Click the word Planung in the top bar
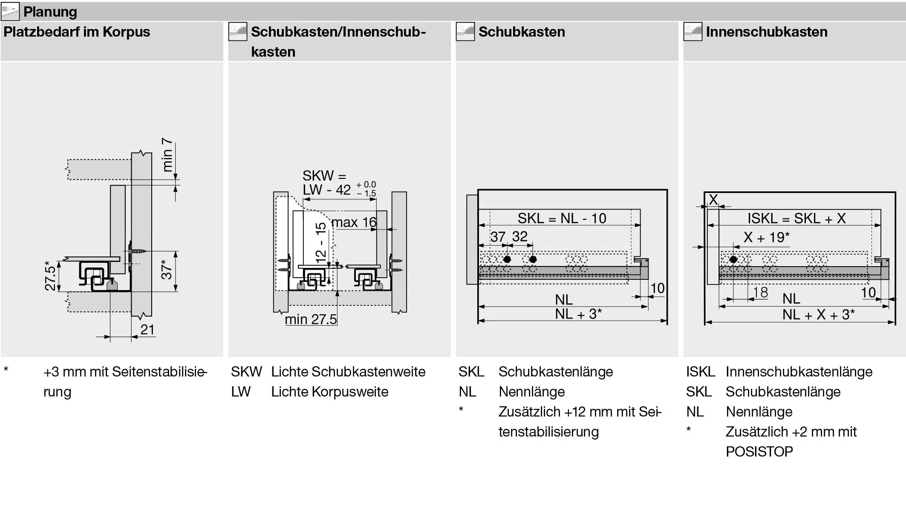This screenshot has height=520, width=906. [50, 11]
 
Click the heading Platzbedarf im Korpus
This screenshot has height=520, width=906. [77, 32]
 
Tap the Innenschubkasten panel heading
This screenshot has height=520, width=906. [766, 32]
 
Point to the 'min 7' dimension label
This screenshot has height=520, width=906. [167, 155]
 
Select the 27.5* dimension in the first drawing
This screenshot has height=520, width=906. [50, 276]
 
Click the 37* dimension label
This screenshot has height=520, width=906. [167, 269]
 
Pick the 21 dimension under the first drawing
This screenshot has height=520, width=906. [147, 329]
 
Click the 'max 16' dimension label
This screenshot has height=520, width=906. [354, 222]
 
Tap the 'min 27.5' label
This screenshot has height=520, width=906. [311, 319]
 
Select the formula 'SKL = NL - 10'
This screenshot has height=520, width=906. [562, 218]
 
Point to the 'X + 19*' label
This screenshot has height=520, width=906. [766, 237]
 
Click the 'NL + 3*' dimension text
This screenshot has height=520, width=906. [578, 314]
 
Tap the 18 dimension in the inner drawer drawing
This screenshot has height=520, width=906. [761, 293]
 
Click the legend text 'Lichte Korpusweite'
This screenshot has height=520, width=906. [329, 392]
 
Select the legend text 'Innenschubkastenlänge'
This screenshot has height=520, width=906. [799, 372]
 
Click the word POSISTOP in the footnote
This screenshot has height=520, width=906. [759, 451]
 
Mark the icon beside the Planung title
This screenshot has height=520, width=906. [10, 11]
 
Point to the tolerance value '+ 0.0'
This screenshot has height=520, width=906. [366, 184]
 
